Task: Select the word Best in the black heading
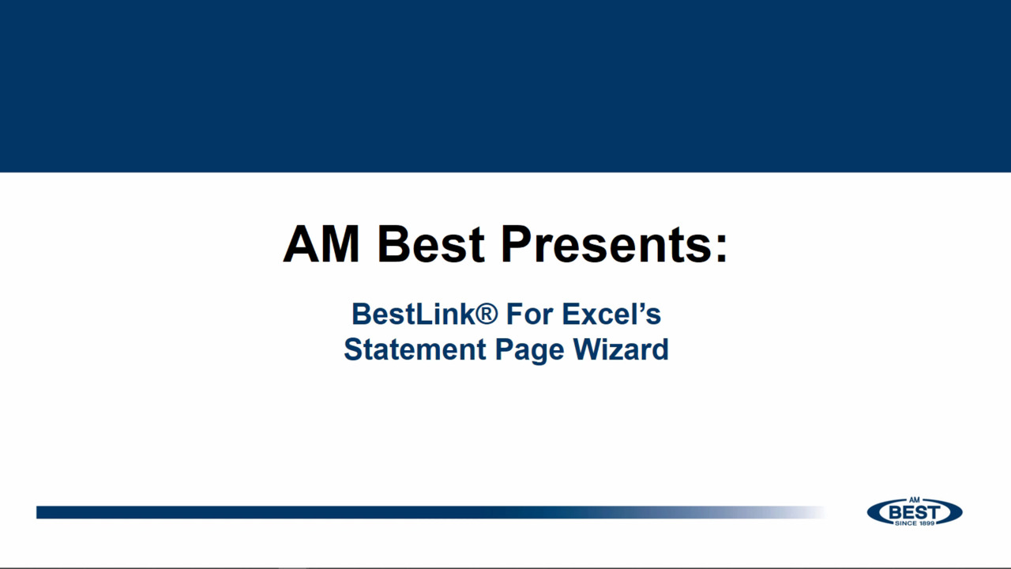pos(430,244)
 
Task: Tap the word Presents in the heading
pos(604,244)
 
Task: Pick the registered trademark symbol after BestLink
pos(487,314)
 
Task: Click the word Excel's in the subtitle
pos(611,314)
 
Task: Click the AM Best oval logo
pos(915,512)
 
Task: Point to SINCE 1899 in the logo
pos(915,523)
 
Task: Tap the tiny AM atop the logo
pos(915,499)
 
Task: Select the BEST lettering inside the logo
pos(915,512)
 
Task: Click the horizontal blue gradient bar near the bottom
pos(395,512)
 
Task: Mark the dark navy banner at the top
pos(505,85)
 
